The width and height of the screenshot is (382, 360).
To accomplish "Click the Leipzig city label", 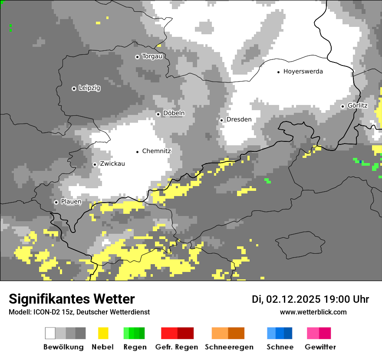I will [x=89, y=88].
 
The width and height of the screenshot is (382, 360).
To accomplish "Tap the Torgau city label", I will [x=152, y=56].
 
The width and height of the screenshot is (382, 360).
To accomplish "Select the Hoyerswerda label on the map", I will [x=303, y=72].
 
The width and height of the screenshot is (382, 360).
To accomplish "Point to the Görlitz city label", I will [x=357, y=106].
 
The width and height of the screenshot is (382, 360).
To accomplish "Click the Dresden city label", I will [x=239, y=119].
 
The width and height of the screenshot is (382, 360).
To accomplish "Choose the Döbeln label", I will [x=174, y=113].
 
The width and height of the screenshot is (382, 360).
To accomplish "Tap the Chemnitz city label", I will [x=156, y=151].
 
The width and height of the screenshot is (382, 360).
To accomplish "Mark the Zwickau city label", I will [x=112, y=164].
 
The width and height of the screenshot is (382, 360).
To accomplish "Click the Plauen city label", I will [x=71, y=202].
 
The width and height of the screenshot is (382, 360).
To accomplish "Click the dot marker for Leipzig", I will [x=74, y=88].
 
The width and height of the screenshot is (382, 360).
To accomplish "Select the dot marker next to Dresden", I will [x=221, y=120].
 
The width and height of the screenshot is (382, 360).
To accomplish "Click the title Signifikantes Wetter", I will [x=72, y=299].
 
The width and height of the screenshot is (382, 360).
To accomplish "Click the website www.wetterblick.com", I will [x=313, y=312].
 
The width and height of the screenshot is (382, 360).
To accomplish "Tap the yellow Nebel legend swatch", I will [x=103, y=333].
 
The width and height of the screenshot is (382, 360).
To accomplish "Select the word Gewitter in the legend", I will [x=320, y=347].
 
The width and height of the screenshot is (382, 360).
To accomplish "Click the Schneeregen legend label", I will [x=229, y=347].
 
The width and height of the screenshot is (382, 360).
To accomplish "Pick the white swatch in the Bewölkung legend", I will [x=50, y=333].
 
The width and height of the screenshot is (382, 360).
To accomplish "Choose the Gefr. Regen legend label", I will [x=176, y=347].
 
